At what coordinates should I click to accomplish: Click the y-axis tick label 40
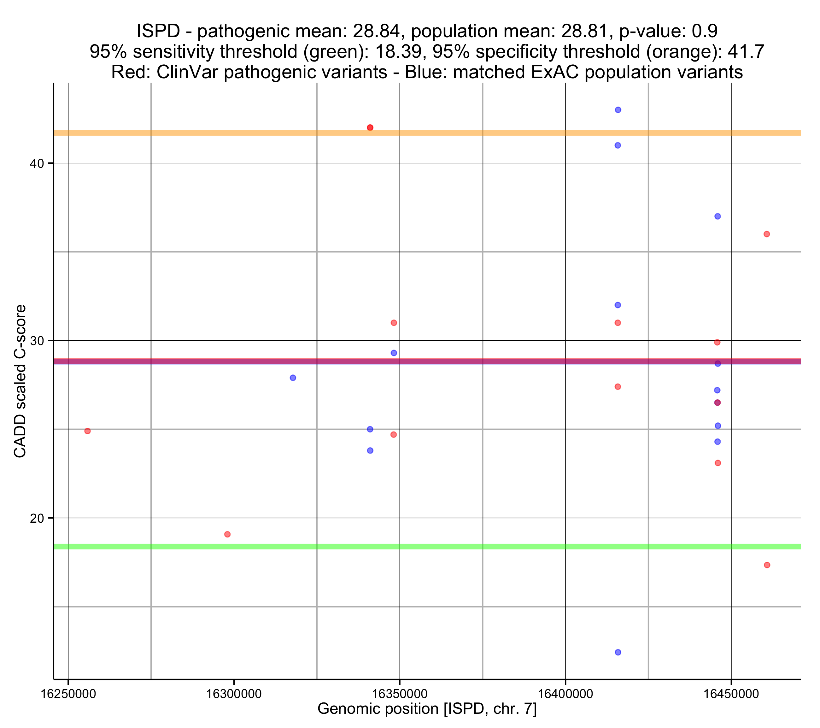point(37,164)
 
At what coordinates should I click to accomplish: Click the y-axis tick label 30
point(37,341)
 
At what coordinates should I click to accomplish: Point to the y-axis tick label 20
point(37,519)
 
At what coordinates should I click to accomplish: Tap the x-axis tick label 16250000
point(68,694)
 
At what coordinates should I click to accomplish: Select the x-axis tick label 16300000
point(234,694)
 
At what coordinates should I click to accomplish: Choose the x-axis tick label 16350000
point(400,694)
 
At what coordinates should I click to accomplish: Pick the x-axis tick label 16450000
point(731,694)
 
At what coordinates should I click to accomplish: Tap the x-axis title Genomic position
point(427,709)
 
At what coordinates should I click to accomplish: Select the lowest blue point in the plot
point(618,653)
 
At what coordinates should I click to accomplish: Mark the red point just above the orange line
point(370,128)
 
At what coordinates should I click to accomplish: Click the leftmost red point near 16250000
point(87,431)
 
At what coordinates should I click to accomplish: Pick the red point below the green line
point(767,565)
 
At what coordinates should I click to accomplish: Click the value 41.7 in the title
point(746,52)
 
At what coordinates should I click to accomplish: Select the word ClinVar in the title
point(191,72)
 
